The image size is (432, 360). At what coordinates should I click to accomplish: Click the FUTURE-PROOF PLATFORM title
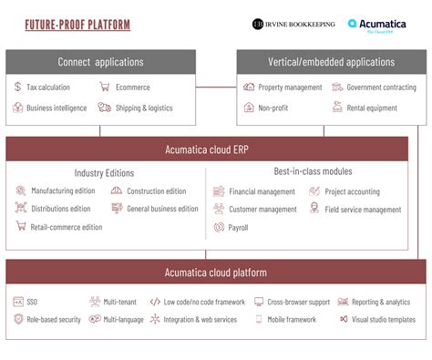point(77,25)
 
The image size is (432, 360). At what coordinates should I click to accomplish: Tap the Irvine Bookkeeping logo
point(293,25)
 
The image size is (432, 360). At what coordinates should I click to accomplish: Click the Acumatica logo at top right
point(377,25)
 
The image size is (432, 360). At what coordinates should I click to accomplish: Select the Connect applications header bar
point(100,62)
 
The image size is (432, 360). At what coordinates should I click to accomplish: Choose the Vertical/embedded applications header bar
point(331,62)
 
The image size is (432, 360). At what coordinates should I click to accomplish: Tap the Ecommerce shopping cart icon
point(106,87)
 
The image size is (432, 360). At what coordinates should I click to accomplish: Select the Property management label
point(290,87)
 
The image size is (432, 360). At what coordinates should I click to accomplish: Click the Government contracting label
point(382,87)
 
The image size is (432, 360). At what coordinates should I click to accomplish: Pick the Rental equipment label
point(372,108)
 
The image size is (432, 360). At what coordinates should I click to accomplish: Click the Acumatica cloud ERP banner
point(215,149)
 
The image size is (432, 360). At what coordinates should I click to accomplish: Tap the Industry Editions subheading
point(104,172)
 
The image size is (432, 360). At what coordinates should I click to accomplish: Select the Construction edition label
point(156,191)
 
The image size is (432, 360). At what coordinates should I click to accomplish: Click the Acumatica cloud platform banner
point(215,272)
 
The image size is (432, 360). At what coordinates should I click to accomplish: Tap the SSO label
point(33,302)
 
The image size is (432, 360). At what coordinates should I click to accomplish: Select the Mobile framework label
point(292,320)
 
